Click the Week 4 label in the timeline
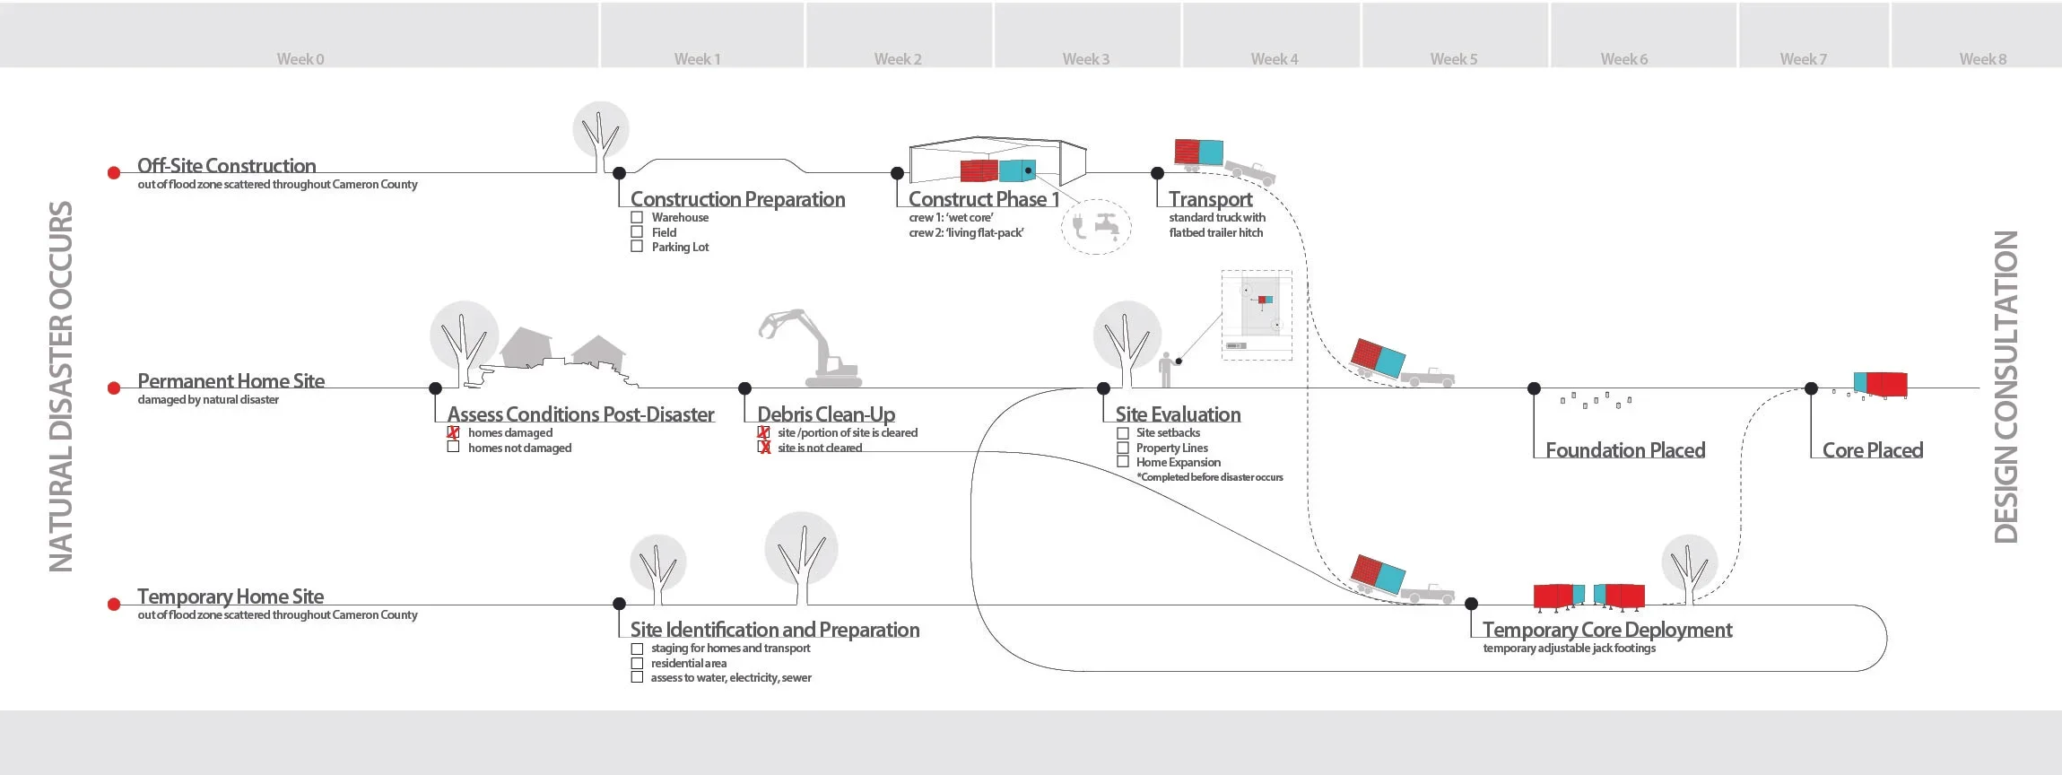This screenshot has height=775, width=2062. click(x=1274, y=59)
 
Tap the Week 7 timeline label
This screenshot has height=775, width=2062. click(x=1803, y=59)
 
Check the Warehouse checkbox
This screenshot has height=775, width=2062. click(x=637, y=217)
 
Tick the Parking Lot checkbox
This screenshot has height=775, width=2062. click(x=637, y=247)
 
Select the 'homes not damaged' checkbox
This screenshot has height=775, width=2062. click(x=453, y=447)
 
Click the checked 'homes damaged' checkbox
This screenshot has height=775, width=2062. click(x=453, y=432)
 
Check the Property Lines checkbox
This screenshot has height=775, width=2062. click(x=1122, y=448)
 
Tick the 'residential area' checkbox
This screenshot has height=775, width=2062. click(x=637, y=663)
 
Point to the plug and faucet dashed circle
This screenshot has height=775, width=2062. click(x=1095, y=226)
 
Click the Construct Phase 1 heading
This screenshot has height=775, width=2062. click(x=983, y=199)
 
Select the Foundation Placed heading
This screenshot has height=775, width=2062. click(x=1625, y=450)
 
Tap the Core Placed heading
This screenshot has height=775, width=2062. click(x=1873, y=450)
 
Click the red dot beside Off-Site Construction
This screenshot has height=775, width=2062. click(x=114, y=173)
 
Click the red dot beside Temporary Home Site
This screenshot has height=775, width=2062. click(x=114, y=605)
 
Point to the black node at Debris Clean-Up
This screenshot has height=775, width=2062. click(x=744, y=388)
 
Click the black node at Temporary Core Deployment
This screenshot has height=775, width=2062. click(x=1471, y=604)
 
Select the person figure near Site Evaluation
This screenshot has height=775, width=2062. click(x=1165, y=369)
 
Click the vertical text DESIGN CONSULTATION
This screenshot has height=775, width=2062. click(x=2006, y=387)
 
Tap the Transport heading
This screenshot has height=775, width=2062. click(x=1210, y=199)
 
